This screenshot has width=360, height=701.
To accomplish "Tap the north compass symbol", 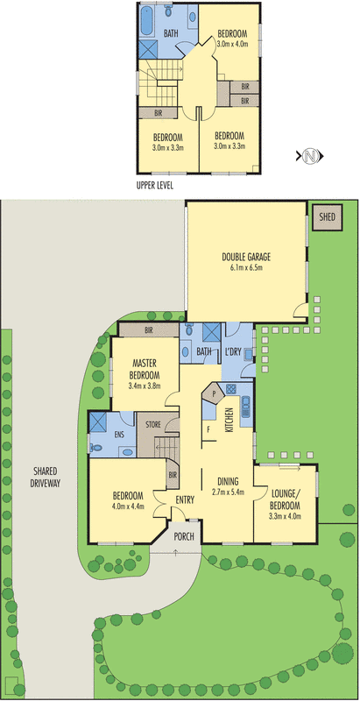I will click(309, 157).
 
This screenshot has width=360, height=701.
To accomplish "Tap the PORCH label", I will click(183, 536).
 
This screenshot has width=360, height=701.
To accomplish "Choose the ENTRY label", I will click(185, 499).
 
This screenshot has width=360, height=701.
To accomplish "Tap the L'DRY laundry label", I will click(232, 351).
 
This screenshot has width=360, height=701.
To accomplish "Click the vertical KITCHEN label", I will click(229, 421).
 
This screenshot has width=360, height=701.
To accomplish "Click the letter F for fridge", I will click(208, 429).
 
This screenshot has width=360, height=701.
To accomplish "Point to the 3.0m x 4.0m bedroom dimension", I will click(233, 42).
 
